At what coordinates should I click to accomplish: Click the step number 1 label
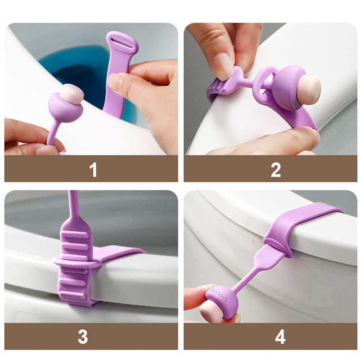tap(93, 170)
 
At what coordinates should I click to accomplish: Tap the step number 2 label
tap(275, 170)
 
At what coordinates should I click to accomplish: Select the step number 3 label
tap(83, 337)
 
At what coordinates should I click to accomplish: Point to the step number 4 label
tap(280, 337)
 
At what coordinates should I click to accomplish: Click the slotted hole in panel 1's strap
tap(122, 43)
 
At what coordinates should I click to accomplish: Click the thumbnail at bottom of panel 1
tap(48, 150)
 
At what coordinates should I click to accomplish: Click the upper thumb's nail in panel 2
tap(221, 67)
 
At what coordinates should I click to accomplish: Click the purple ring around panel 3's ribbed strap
tap(77, 262)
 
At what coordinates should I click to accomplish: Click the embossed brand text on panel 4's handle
tap(219, 295)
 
